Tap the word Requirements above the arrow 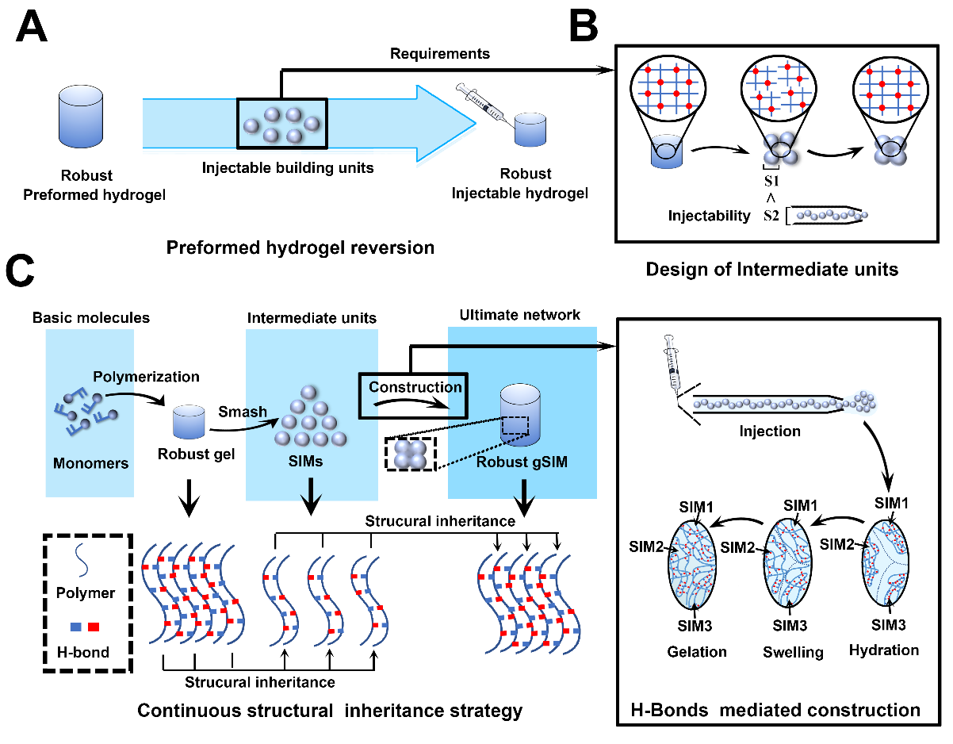(x=440, y=54)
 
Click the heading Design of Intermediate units (x=771, y=269)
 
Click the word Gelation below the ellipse (x=698, y=651)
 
